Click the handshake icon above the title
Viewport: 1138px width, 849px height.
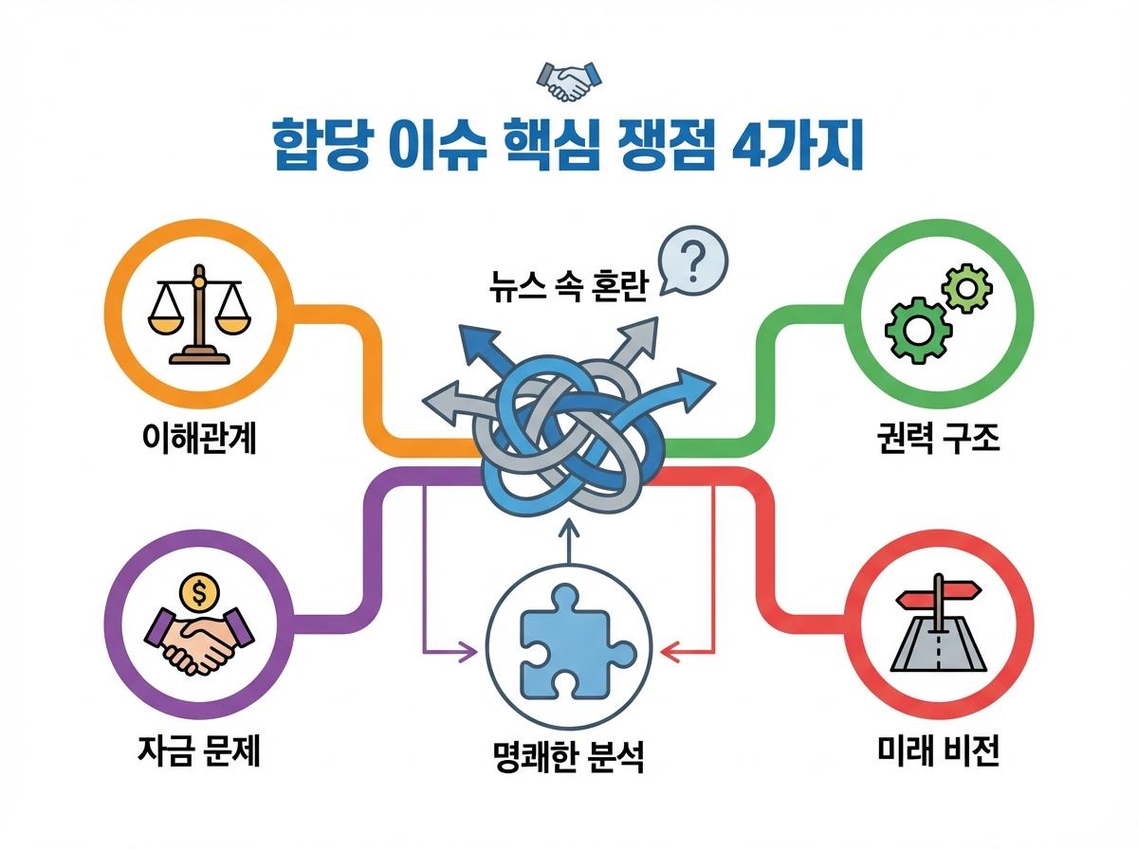point(569,80)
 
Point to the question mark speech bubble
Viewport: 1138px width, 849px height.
point(693,262)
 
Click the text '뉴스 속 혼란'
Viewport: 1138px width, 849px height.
point(566,286)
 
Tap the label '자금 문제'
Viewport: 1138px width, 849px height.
point(198,753)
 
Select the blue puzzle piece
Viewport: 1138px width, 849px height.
point(568,640)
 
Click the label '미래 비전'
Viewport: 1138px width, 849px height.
point(939,753)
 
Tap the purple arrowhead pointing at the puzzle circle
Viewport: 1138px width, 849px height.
point(467,652)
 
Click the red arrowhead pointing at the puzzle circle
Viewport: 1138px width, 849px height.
point(669,652)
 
